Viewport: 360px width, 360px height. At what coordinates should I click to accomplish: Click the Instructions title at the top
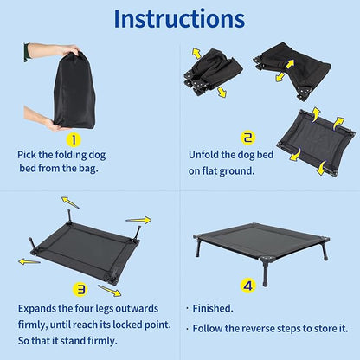tap(179, 19)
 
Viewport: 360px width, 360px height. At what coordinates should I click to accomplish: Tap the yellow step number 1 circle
tap(74, 138)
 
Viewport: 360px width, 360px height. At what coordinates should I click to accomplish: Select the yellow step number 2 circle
tap(247, 137)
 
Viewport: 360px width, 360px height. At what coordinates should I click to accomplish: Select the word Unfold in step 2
tap(206, 156)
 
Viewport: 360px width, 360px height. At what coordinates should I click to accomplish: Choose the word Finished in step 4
tap(215, 307)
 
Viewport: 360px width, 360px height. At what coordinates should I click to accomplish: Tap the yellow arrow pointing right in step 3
tap(138, 220)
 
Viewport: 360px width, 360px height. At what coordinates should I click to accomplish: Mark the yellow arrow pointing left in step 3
tap(29, 260)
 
